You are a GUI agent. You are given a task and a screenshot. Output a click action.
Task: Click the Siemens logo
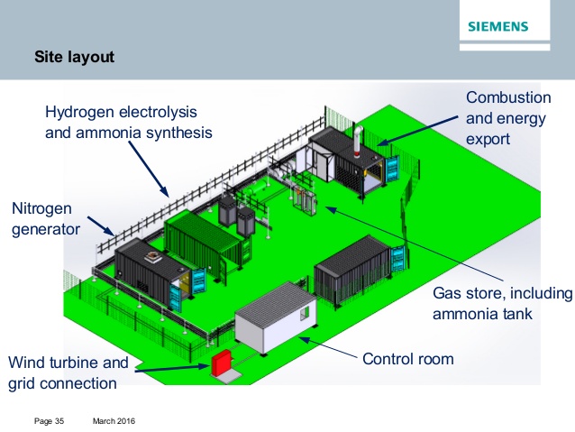tap(497, 26)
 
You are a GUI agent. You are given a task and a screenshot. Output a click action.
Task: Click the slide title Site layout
tap(74, 59)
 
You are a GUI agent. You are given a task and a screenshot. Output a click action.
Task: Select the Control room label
tap(407, 359)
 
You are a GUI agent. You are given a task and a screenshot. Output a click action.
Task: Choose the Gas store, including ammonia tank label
tap(502, 304)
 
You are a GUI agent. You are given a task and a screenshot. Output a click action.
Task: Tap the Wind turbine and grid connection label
tap(68, 373)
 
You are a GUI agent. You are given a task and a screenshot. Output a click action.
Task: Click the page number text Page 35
tap(49, 421)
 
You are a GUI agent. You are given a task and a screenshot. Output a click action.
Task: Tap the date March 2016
tap(114, 421)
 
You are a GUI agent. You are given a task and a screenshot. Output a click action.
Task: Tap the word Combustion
tap(507, 97)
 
